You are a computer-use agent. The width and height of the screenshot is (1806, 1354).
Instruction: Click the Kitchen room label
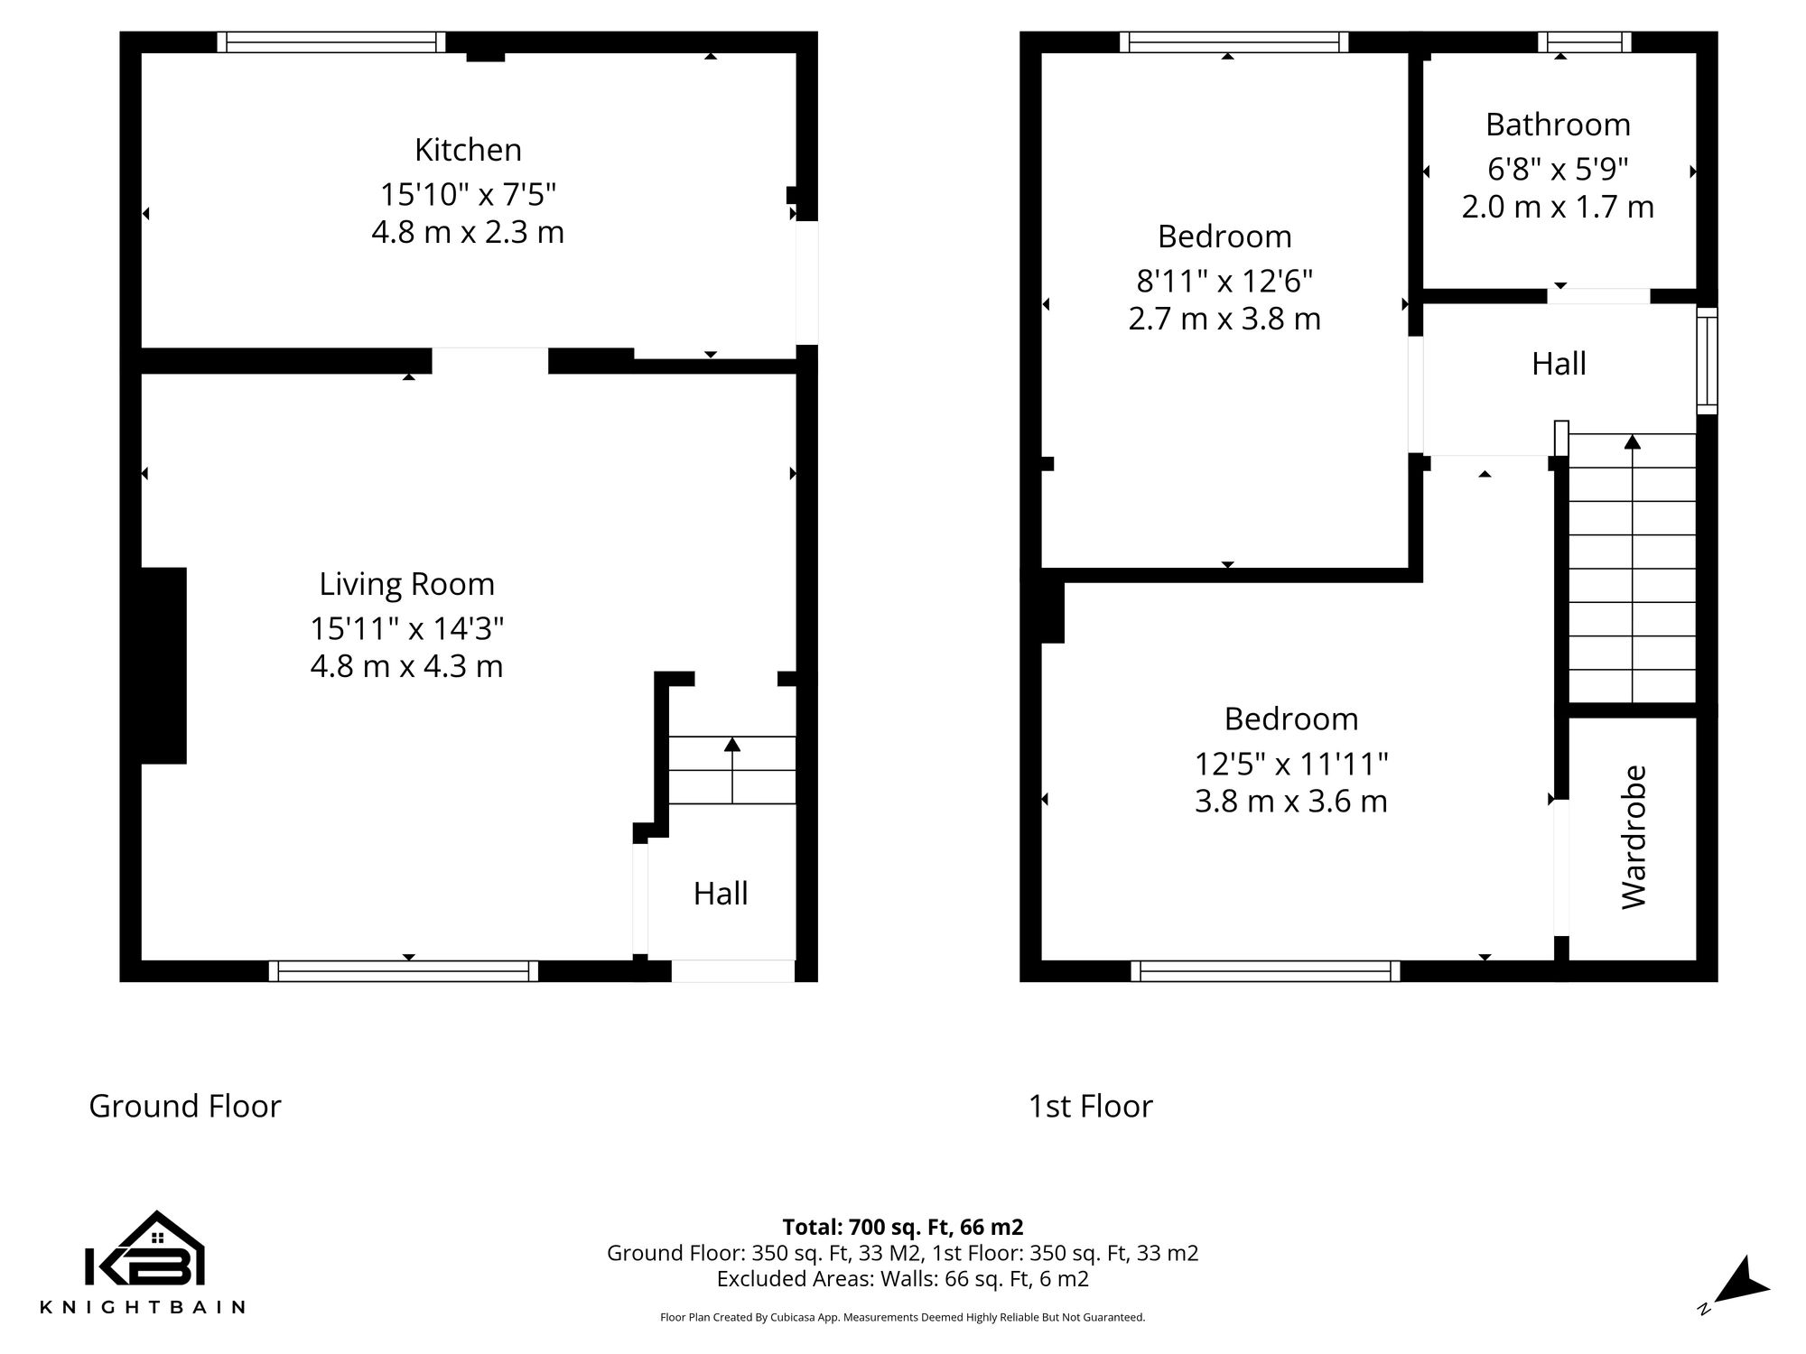[x=468, y=150]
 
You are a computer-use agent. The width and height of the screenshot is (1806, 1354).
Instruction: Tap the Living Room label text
[x=406, y=584]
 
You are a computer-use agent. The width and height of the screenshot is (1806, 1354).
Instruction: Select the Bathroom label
[x=1558, y=125]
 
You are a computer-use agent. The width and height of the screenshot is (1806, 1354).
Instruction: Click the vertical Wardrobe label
[x=1634, y=837]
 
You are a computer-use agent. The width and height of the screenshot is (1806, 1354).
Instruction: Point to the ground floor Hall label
[x=721, y=894]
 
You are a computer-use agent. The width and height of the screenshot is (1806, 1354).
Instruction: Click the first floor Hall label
[x=1559, y=364]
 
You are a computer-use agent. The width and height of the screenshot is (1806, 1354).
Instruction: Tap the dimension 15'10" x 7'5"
[x=468, y=194]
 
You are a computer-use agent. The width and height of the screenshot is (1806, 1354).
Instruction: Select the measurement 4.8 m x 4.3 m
[x=406, y=667]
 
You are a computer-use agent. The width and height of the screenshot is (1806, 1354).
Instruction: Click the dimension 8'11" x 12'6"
[x=1224, y=282]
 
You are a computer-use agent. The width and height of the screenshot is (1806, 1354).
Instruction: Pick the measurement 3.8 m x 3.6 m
[x=1290, y=802]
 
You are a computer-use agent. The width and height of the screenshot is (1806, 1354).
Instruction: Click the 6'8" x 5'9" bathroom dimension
[x=1558, y=169]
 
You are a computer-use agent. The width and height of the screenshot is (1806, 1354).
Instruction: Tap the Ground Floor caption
[x=185, y=1106]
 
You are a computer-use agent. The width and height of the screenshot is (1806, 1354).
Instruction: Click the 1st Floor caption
[x=1090, y=1106]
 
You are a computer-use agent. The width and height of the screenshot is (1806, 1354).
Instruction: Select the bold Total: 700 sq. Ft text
[x=902, y=1227]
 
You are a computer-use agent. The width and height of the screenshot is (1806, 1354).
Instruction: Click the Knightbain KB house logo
[x=144, y=1250]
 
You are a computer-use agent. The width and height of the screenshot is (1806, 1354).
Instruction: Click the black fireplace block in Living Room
[x=163, y=665]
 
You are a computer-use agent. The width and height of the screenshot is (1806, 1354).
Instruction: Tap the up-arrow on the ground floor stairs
[x=731, y=746]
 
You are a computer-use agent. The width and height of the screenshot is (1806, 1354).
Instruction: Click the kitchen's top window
[x=331, y=42]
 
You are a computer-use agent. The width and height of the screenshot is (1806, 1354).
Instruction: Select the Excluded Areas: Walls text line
[x=902, y=1279]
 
